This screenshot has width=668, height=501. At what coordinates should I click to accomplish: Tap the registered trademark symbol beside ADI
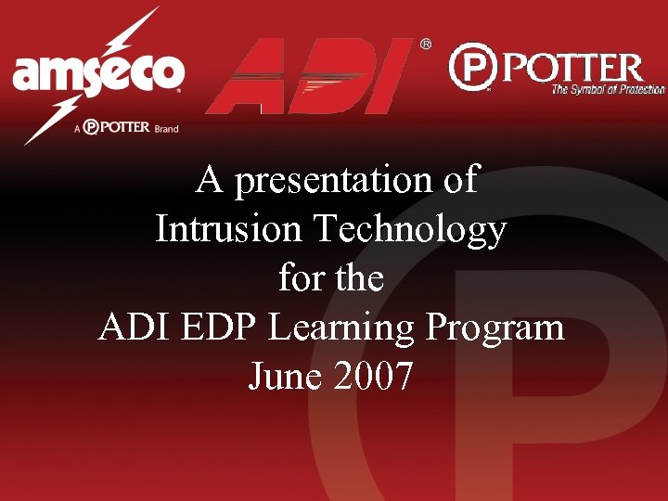426,44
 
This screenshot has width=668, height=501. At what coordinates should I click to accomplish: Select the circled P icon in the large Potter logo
472,68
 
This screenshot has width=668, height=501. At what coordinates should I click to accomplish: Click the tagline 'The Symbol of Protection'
608,90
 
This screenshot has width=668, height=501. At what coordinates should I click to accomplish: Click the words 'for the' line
331,277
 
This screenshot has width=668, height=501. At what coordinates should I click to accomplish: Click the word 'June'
278,375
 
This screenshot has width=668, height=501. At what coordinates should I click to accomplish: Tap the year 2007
374,375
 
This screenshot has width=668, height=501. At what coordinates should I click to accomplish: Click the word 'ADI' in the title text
131,327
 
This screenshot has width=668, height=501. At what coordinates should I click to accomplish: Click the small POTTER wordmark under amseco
117,126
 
